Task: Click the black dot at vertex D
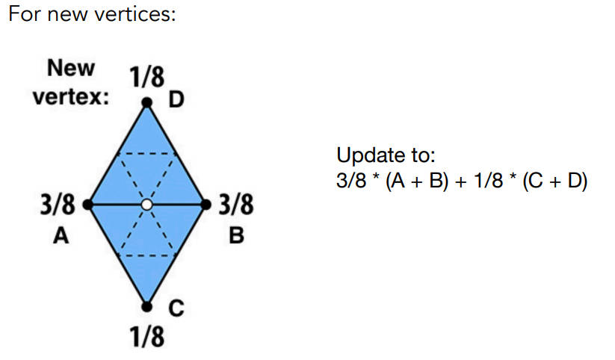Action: pos(146,103)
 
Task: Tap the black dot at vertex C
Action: pos(146,307)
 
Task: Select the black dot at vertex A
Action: pos(88,205)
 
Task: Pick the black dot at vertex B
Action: pos(206,205)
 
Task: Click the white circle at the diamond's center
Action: pos(146,205)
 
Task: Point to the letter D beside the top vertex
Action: pos(176,99)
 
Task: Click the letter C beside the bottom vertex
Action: pos(176,308)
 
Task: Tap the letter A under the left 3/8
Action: pos(61,236)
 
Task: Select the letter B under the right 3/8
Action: pos(236,236)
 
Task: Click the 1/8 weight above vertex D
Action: pos(147,77)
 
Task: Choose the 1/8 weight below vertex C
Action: pos(147,336)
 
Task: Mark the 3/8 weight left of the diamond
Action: pos(58,205)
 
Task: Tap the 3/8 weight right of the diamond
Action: pos(236,205)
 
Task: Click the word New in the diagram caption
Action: pos(71,68)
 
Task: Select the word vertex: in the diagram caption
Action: pos(70,96)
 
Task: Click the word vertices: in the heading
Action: pos(135,14)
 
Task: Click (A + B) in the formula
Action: pos(416,181)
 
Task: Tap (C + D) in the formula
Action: pos(555,181)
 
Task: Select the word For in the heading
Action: pos(25,14)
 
